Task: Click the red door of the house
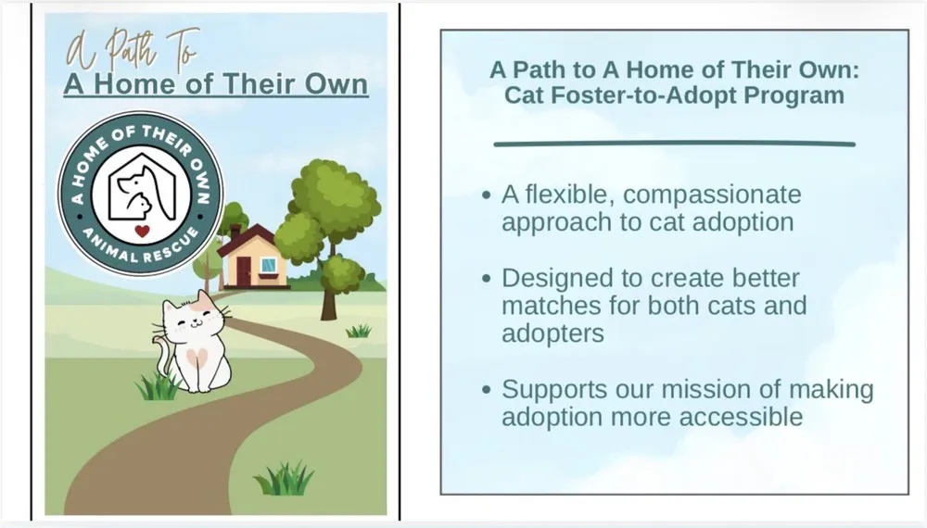point(243,271)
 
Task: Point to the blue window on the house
point(268,266)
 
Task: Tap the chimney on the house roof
point(235,231)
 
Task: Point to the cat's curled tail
point(163,357)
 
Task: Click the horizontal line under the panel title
point(674,145)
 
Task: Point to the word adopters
point(552,333)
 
